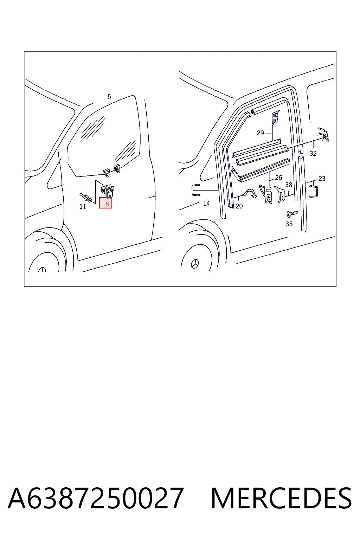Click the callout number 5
point(109,97)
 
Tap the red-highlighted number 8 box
point(105,203)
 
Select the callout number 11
point(83,207)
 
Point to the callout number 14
point(206,203)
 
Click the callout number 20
point(239,206)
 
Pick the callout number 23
point(322,179)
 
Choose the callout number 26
point(278,178)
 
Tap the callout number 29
point(261,133)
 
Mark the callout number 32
point(313,153)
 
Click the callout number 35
point(289,224)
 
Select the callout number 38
point(289,185)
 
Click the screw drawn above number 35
point(292,214)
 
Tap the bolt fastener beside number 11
point(86,197)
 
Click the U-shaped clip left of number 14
point(196,190)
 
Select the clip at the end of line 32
point(324,135)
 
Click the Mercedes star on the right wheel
point(195,264)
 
